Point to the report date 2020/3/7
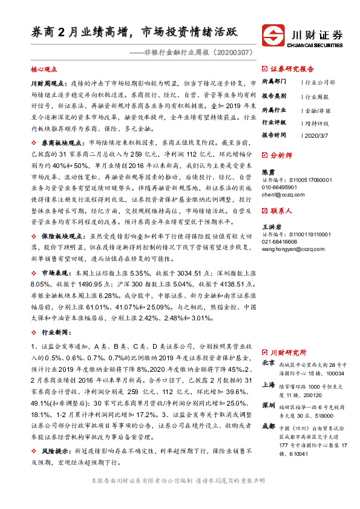pyautogui.click(x=315, y=135)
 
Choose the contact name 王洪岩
pyautogui.click(x=271, y=226)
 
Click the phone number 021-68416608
pyautogui.click(x=281, y=241)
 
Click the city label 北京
pyautogui.click(x=269, y=363)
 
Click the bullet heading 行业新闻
pyautogui.click(x=52, y=332)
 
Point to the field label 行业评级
pyautogui.click(x=273, y=122)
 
